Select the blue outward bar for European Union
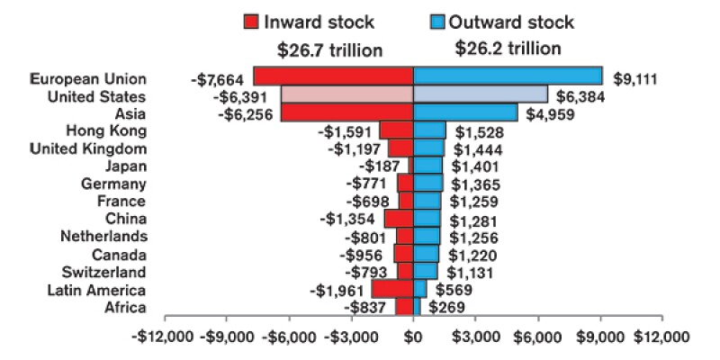click(x=508, y=76)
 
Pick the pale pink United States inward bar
click(x=346, y=94)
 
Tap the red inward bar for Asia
click(x=346, y=112)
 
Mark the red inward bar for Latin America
click(x=392, y=289)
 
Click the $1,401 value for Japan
click(x=477, y=166)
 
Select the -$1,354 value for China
click(x=348, y=219)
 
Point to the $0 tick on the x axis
click(x=413, y=338)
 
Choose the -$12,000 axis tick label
click(x=166, y=338)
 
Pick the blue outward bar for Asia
click(x=465, y=112)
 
